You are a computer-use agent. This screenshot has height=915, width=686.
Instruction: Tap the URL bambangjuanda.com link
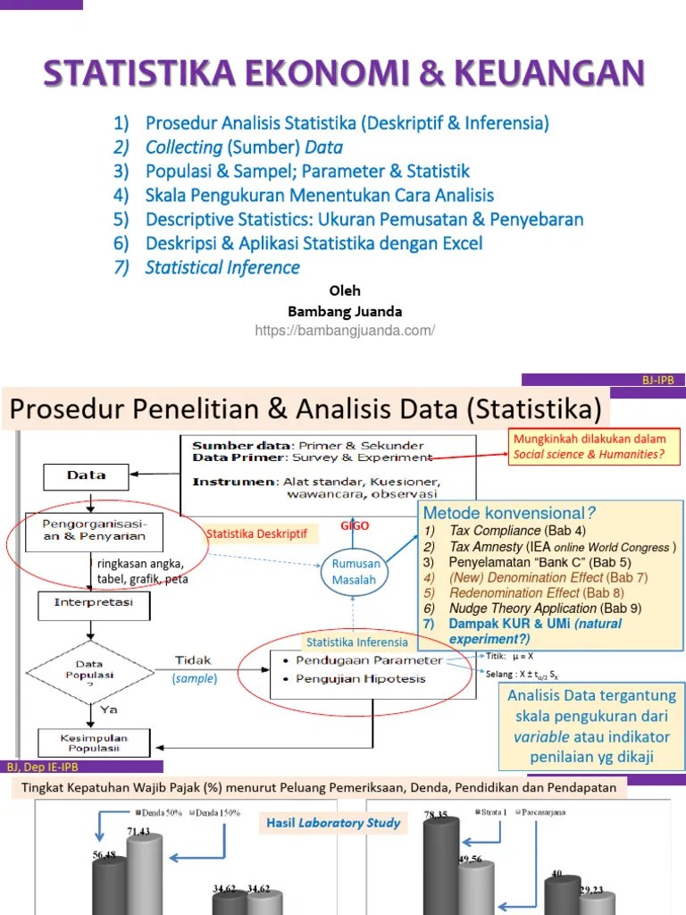coord(345,331)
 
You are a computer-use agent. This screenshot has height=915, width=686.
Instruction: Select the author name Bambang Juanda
coord(345,311)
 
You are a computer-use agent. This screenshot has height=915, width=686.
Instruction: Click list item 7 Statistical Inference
coord(222,267)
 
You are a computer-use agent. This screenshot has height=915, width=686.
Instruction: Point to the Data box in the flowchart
coord(86,476)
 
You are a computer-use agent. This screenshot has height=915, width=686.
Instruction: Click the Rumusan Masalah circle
coord(356,572)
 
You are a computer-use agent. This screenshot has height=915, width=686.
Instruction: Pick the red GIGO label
coord(354,526)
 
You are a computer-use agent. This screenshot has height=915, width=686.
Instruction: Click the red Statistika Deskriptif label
coord(256,533)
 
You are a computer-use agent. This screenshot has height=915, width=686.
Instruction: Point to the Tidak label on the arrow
coord(193,659)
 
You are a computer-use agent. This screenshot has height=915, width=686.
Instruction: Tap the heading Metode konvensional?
coord(509,513)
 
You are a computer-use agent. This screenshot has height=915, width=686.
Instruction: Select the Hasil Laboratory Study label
coord(333,822)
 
